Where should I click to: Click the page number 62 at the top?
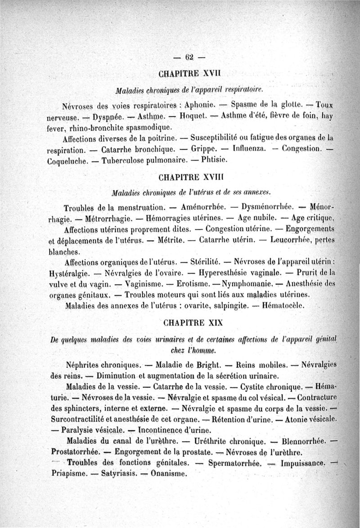189,56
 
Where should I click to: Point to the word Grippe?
203,149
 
